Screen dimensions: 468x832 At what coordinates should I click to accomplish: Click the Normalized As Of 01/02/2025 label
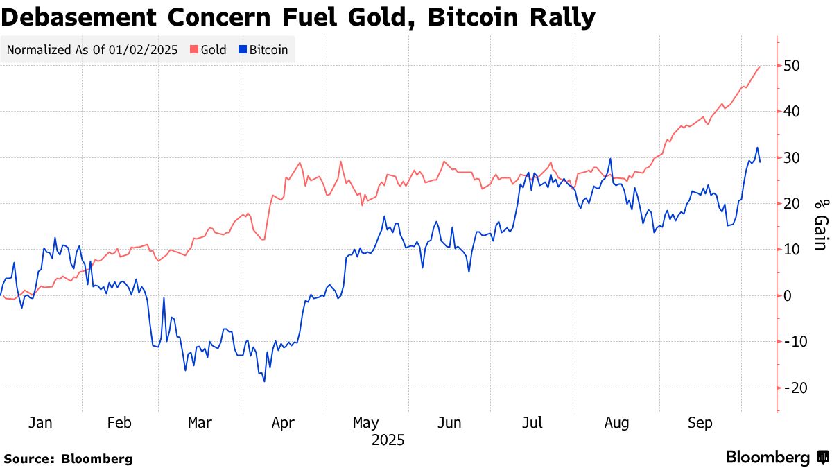[x=92, y=50]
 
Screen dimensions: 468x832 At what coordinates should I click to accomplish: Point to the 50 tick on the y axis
[x=792, y=66]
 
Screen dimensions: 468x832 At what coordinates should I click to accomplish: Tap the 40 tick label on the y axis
[x=792, y=112]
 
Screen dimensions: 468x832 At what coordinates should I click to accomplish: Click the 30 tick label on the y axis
[x=792, y=157]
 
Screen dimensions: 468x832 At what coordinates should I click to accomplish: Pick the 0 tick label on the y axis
[x=788, y=295]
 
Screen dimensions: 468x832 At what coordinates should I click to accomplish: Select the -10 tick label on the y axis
[x=795, y=341]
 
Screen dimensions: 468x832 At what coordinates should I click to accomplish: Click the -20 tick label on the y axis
[x=795, y=388]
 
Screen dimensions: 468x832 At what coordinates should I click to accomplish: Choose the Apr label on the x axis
[x=284, y=424]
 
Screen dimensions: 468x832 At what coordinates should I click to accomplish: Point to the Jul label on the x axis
[x=532, y=424]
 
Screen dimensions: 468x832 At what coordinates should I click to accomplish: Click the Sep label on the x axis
[x=700, y=424]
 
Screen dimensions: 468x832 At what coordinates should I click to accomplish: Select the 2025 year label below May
[x=388, y=440]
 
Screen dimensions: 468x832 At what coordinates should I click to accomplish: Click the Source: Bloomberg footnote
[x=68, y=458]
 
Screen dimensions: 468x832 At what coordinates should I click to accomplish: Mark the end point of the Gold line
[x=761, y=67]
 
